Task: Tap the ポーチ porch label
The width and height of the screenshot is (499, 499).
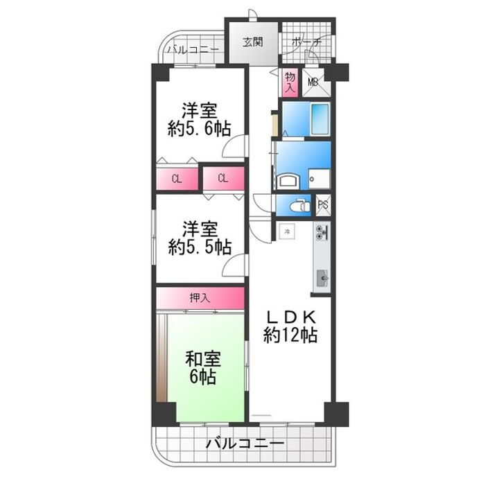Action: click(x=306, y=42)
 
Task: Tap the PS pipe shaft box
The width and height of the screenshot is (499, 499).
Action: click(x=322, y=204)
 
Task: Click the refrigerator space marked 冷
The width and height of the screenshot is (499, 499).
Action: click(x=286, y=231)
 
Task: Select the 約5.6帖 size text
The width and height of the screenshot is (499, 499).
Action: click(x=199, y=128)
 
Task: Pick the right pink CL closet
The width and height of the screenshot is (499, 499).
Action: click(x=222, y=179)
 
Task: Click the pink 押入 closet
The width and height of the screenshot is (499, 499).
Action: click(x=200, y=298)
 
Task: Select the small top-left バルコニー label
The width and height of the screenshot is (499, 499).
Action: click(x=194, y=50)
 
